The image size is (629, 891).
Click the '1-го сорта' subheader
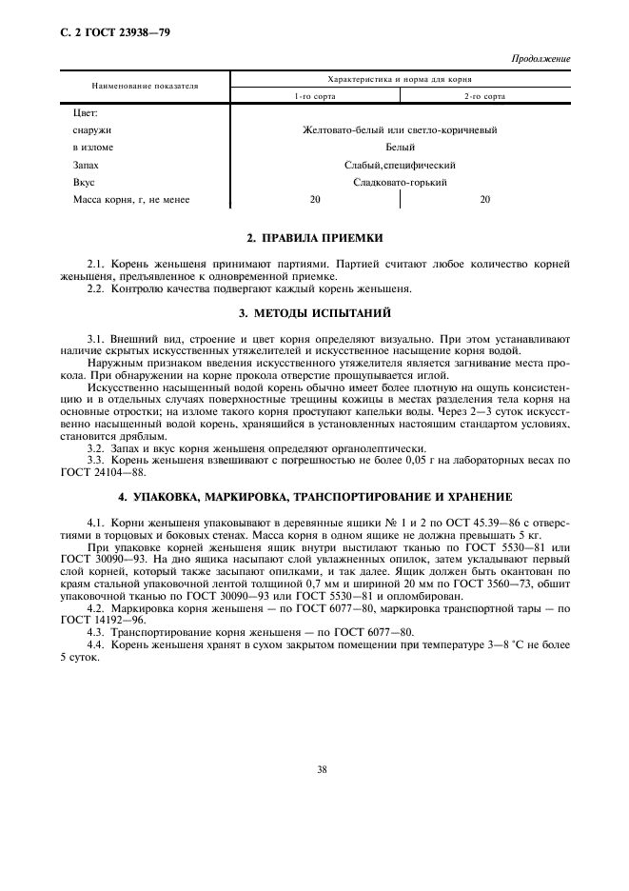[x=314, y=96]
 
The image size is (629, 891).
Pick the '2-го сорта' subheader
[x=484, y=96]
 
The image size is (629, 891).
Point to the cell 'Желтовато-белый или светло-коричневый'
[x=400, y=129]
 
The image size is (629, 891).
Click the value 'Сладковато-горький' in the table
[x=400, y=182]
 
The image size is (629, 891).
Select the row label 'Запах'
[x=87, y=165]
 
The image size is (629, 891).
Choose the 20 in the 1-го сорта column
[x=315, y=200]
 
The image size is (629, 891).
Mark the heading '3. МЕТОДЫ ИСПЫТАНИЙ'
[x=315, y=312]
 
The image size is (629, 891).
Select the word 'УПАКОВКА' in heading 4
[x=181, y=497]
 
